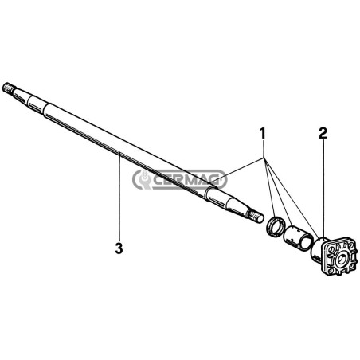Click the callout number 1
pos(262,133)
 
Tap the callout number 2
pos(323,133)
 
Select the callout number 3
pos(119,248)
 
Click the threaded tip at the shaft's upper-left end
pos(9,88)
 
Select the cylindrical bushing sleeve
pos(298,237)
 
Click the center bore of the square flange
pos(341,258)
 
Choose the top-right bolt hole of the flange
pos(350,245)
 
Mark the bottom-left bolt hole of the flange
pos(331,270)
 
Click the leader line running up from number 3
pos(119,196)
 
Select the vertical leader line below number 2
pos(324,189)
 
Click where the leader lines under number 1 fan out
pos(264,158)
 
